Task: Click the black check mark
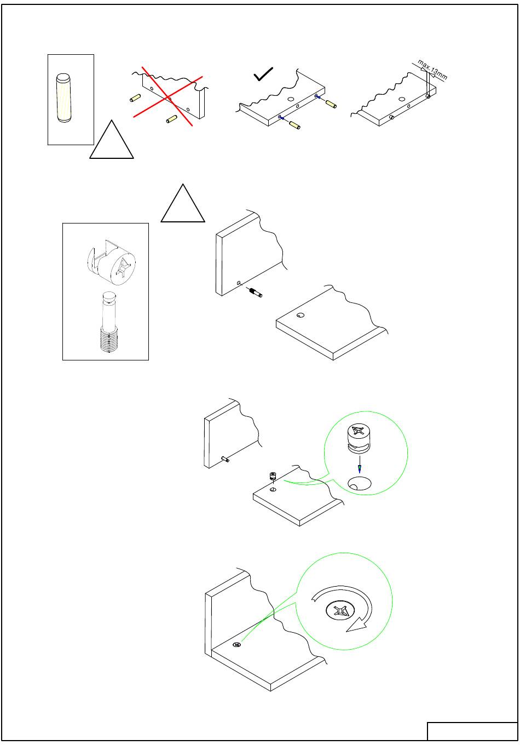click(263, 74)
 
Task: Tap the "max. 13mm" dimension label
click(432, 70)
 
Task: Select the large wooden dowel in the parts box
click(63, 98)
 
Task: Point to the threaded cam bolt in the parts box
click(109, 322)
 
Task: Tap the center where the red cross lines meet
click(169, 98)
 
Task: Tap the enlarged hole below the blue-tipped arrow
click(359, 484)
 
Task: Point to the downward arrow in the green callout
click(359, 465)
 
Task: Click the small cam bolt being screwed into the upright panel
click(256, 292)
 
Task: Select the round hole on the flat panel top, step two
click(301, 316)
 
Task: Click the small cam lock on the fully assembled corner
click(236, 645)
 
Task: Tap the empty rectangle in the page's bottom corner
click(472, 731)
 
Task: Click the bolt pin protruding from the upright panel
click(226, 459)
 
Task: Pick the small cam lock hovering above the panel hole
click(273, 476)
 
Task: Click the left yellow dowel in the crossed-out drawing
click(135, 98)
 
